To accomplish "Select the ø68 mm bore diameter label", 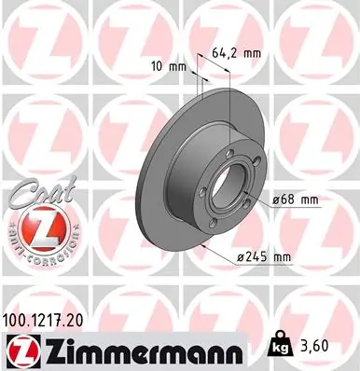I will (298, 198).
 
